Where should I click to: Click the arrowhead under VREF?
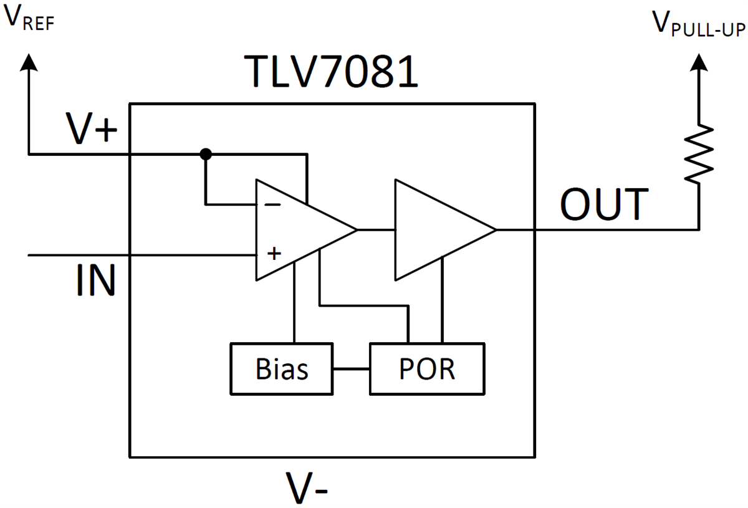(29, 61)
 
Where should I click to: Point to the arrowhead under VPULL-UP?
(699, 62)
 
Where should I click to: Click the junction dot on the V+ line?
(204, 153)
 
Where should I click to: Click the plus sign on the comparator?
(273, 254)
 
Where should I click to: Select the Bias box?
(281, 369)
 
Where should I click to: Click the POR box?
(426, 369)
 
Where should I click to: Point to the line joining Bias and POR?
(351, 369)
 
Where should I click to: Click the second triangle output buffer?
(436, 230)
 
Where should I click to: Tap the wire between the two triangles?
(376, 230)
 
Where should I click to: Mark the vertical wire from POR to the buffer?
(443, 299)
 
